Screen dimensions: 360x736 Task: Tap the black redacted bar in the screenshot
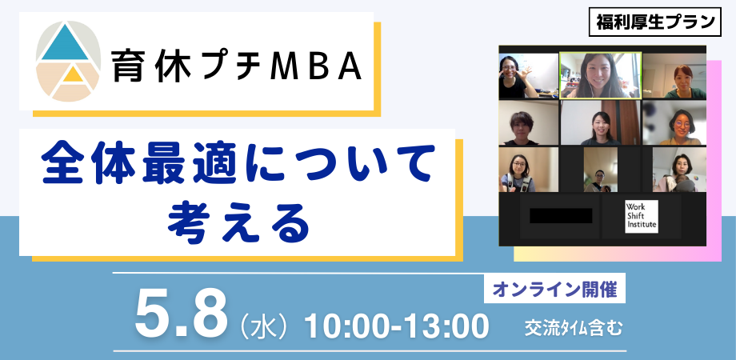[561, 215]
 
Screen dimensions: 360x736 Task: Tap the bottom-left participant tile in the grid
[528, 170]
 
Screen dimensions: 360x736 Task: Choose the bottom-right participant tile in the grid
[674, 170]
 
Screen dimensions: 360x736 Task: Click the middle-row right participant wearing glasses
[674, 123]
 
